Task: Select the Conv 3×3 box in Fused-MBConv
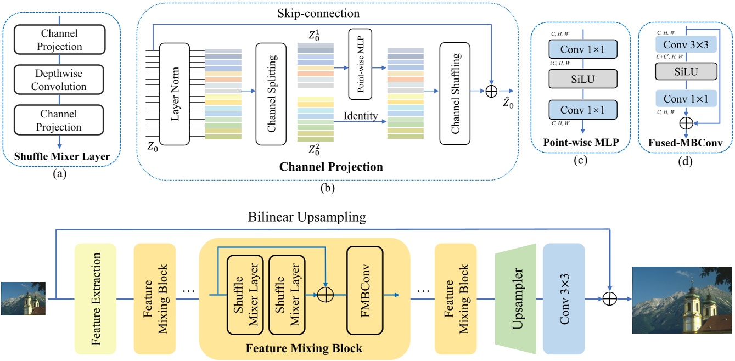pyautogui.click(x=685, y=44)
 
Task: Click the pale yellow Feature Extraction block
pyautogui.click(x=95, y=299)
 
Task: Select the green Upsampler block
pyautogui.click(x=515, y=299)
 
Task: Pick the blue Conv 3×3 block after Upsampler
pyautogui.click(x=564, y=299)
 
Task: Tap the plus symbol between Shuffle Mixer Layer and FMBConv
pyautogui.click(x=326, y=295)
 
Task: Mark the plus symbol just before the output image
pyautogui.click(x=610, y=299)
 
